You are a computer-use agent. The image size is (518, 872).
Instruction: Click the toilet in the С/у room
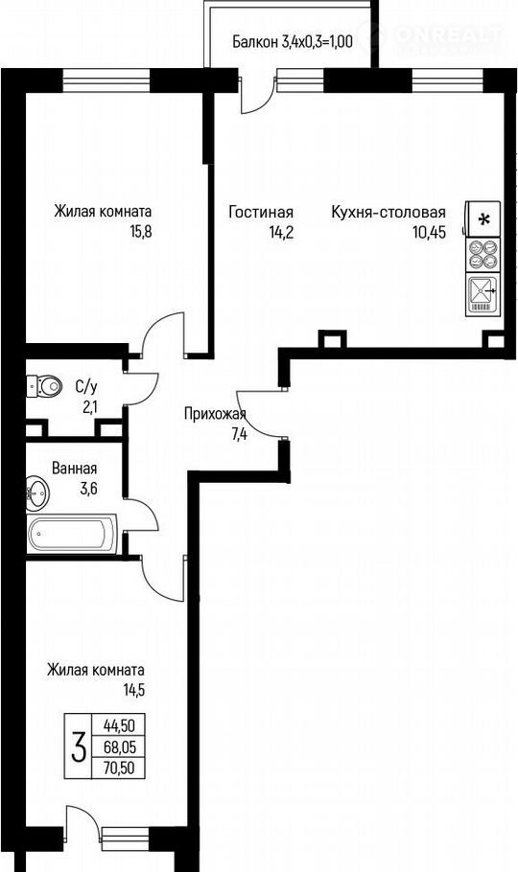43,385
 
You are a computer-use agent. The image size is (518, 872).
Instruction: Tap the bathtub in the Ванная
71,534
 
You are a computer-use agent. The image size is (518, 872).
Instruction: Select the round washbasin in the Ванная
37,492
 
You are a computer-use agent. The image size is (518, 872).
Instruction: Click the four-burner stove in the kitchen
483,254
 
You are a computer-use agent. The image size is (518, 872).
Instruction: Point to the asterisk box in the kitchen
483,218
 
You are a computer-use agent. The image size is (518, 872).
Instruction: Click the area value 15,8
140,231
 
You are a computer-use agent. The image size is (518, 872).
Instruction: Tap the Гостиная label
261,213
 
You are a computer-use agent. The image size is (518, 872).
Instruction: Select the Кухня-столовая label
388,213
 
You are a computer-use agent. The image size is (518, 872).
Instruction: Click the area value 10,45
429,232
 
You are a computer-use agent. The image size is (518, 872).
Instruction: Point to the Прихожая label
215,414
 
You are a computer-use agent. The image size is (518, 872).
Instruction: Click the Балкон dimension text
293,42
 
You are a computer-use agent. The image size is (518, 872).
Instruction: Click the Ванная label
74,469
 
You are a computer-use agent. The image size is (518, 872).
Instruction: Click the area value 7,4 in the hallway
240,434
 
